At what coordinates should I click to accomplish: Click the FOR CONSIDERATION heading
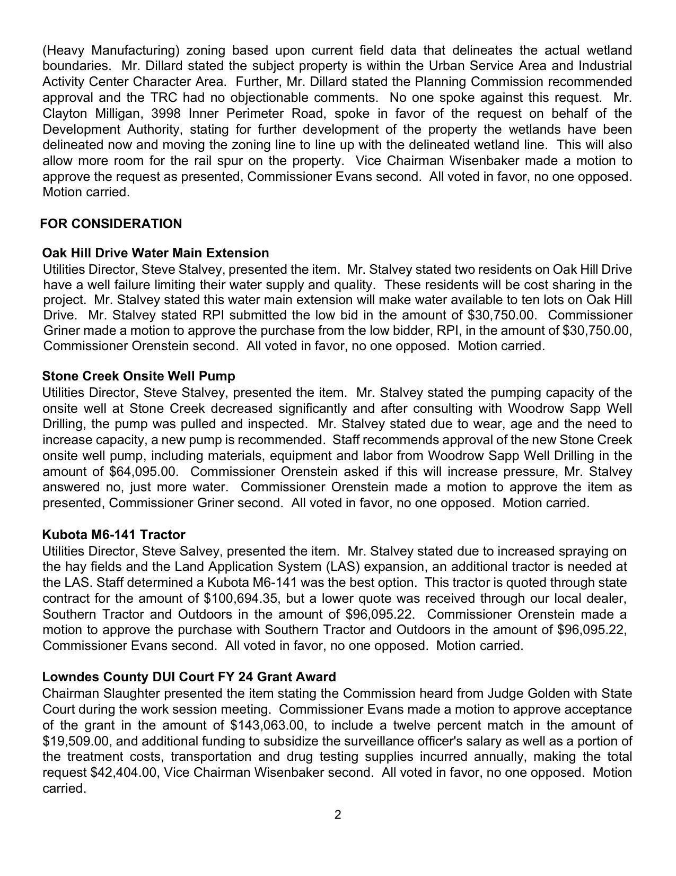111,224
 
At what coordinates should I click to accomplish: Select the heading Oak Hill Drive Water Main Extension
155,253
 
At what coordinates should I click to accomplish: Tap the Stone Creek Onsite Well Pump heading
138,376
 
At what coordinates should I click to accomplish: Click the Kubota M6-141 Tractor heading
113,534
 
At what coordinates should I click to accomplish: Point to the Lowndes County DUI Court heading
189,677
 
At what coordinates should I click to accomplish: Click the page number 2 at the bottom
338,814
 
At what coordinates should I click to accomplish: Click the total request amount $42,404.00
124,773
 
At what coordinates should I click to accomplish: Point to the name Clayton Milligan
92,114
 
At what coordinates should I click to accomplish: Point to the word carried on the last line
64,788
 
